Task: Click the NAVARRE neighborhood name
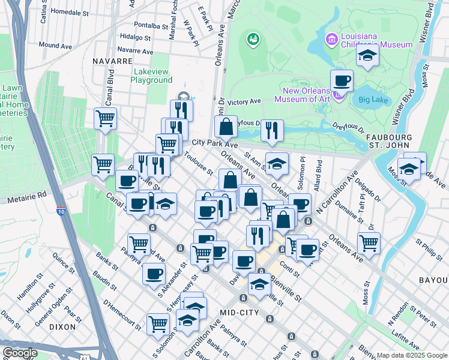112,61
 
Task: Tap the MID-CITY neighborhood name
239,313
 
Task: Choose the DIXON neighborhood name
63,327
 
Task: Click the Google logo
19,353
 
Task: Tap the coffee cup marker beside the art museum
342,80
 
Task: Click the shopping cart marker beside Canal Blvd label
106,118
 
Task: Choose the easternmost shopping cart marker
369,243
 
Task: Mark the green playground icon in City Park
253,40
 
